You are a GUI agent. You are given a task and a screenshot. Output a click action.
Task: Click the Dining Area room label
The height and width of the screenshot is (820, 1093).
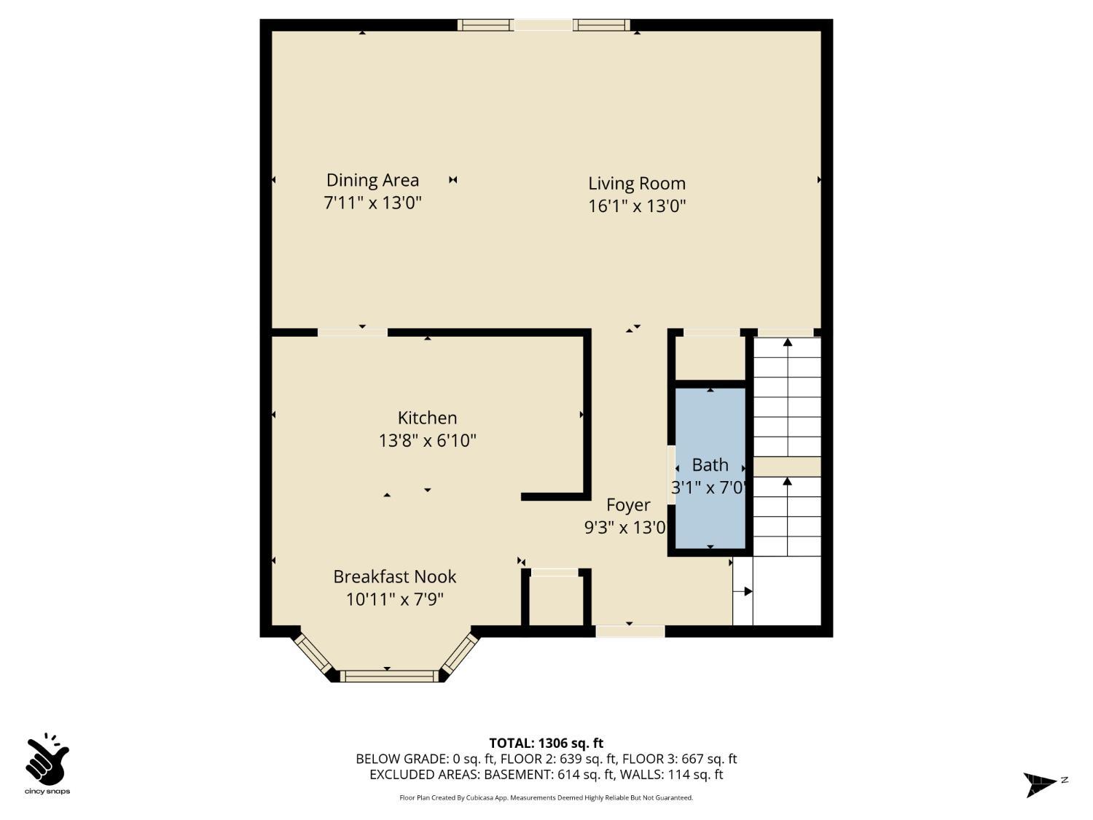tap(372, 180)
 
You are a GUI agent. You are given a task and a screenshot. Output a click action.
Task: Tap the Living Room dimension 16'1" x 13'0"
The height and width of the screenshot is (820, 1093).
tap(637, 206)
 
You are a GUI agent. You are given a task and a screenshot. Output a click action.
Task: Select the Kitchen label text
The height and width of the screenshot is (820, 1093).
tap(427, 418)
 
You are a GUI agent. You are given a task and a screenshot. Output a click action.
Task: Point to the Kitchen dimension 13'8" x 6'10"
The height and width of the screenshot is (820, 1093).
tap(427, 440)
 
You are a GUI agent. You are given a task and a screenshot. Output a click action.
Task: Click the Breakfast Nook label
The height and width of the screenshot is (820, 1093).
tap(394, 577)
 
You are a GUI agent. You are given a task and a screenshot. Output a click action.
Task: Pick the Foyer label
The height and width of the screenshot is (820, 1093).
tap(628, 505)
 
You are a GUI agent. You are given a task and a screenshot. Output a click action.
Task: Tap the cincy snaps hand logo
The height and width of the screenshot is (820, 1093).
tap(47, 761)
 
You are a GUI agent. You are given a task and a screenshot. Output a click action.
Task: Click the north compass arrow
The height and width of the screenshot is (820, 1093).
tap(1040, 784)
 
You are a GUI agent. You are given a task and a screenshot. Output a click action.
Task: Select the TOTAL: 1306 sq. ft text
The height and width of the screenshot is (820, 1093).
tap(546, 743)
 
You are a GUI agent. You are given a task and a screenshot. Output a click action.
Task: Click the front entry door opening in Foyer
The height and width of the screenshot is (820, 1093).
tap(630, 631)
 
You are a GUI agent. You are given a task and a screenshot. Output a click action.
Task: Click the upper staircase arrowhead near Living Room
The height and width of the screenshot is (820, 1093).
tap(787, 342)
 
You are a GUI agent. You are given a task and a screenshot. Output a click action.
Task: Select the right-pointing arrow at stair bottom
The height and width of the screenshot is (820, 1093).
tap(747, 592)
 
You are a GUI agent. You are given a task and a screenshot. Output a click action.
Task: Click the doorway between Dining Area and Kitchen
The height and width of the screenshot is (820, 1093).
tap(353, 332)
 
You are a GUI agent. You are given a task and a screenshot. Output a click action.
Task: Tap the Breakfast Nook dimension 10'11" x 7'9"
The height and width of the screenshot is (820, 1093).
tap(394, 599)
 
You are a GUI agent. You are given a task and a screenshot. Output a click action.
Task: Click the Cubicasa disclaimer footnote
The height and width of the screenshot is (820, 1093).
tap(546, 797)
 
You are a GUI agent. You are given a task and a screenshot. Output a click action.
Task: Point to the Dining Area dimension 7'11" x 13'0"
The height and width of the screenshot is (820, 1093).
tap(372, 203)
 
